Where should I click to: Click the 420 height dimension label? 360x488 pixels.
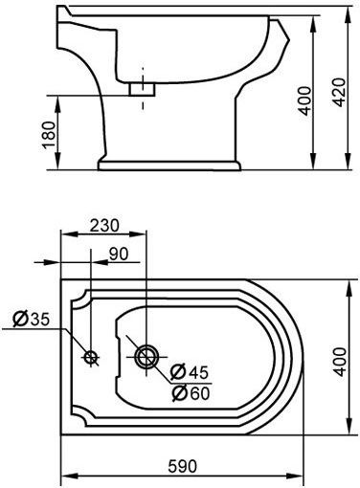(x=339, y=92)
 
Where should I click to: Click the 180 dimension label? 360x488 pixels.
(x=50, y=135)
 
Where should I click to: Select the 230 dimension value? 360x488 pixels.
(x=104, y=225)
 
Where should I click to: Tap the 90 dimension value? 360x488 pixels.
(x=119, y=254)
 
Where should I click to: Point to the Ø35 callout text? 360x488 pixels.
(x=32, y=319)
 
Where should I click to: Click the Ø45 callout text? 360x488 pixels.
(x=190, y=372)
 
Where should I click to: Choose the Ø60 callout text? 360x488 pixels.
(x=191, y=393)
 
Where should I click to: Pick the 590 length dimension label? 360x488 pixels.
(x=182, y=467)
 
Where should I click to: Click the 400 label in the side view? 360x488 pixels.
(x=304, y=100)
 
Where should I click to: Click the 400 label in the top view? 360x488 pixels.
(x=340, y=362)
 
